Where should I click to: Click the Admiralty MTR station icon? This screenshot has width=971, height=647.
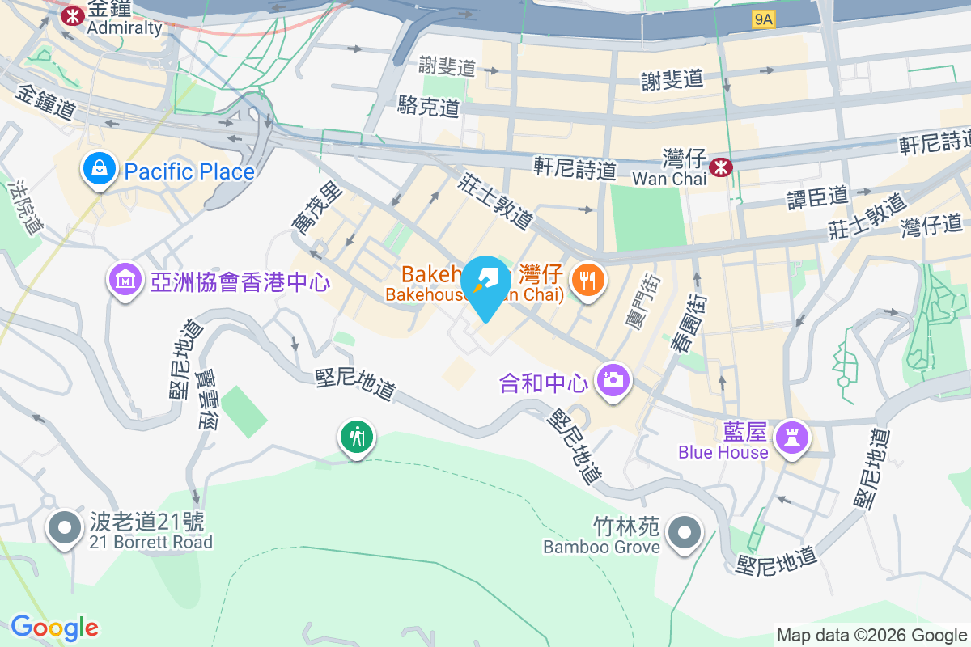click(74, 15)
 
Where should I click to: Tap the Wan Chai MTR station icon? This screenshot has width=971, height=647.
click(719, 167)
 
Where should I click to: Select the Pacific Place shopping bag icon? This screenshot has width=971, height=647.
click(98, 170)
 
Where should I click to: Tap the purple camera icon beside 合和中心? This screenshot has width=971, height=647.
click(613, 380)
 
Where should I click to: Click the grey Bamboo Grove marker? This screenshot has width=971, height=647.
click(685, 532)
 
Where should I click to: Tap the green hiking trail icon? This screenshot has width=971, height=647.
click(356, 438)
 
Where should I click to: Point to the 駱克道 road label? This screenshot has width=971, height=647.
click(429, 106)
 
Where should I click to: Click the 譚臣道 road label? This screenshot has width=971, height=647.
click(817, 196)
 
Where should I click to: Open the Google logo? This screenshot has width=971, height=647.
click(54, 628)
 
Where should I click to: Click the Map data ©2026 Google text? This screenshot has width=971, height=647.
click(871, 635)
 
